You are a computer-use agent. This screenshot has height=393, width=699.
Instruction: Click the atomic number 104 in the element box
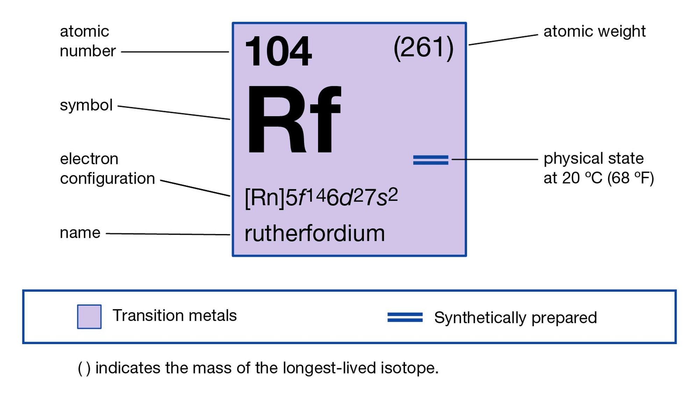coord(278,51)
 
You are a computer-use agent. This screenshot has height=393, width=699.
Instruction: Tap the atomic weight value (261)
coord(423,48)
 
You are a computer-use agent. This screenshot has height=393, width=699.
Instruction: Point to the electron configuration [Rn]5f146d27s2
coord(321,197)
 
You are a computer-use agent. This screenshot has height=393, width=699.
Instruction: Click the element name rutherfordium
coord(315,233)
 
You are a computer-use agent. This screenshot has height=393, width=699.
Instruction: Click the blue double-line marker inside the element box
coord(431,160)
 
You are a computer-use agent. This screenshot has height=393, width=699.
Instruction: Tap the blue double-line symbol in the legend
coord(405,317)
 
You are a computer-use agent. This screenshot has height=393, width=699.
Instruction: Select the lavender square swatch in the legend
coord(89,316)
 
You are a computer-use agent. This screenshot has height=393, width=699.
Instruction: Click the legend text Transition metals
coord(174,315)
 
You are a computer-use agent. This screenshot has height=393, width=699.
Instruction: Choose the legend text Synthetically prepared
coord(515,318)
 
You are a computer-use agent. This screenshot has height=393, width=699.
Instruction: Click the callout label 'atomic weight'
coord(594,31)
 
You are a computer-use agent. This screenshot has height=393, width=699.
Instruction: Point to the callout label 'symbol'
coord(86,105)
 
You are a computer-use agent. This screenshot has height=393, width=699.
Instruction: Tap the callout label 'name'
coord(80,233)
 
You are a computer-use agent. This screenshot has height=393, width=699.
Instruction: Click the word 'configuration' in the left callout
coord(107,179)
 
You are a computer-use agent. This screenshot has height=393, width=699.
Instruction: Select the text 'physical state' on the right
coord(593,159)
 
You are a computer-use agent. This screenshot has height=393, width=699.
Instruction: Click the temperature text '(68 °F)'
coord(630,178)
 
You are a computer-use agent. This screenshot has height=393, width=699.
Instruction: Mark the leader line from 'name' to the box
coord(168,234)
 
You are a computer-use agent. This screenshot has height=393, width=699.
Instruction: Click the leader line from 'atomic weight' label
coord(503,40)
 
